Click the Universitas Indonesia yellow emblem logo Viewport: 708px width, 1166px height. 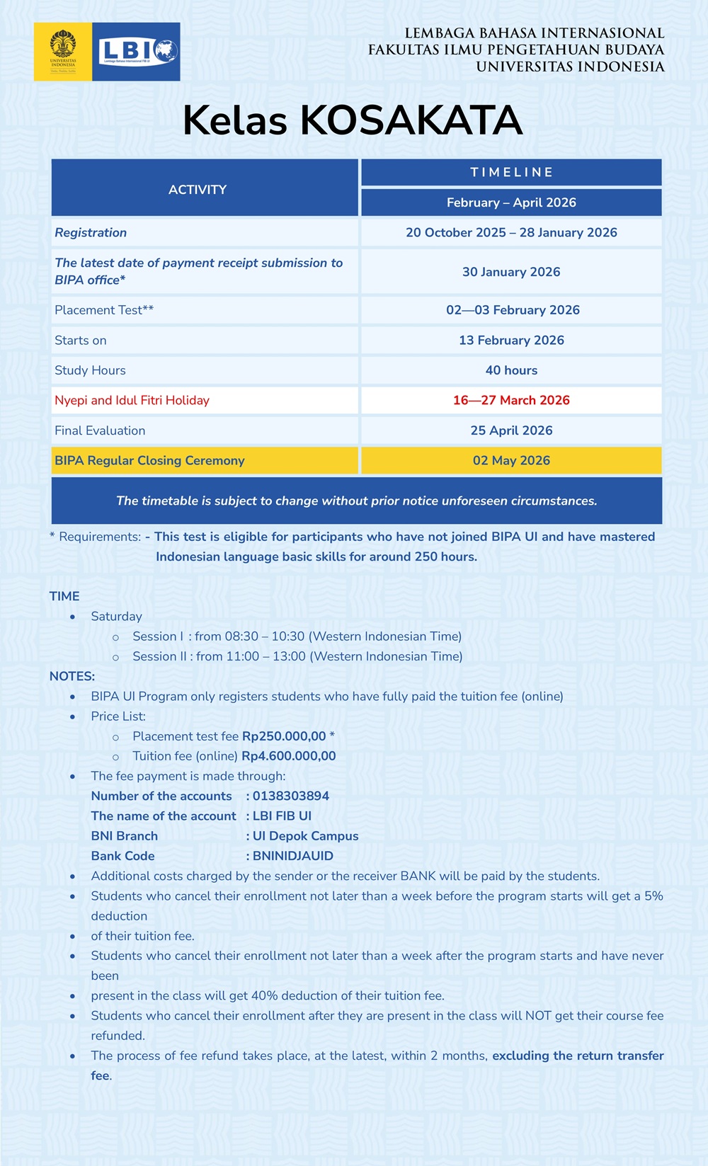tap(62, 51)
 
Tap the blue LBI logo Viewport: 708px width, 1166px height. tap(137, 51)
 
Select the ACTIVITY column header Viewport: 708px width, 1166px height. tap(198, 189)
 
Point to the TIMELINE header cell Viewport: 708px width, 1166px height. tap(511, 172)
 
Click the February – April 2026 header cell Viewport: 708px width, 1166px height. tap(511, 202)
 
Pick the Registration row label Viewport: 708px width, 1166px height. tap(91, 232)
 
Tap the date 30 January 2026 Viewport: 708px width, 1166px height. tap(511, 272)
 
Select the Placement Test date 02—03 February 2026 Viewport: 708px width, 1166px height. tap(513, 310)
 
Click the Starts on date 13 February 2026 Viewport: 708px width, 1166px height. tap(511, 340)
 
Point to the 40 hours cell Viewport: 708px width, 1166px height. tap(511, 370)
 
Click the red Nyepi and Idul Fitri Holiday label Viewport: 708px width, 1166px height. tap(132, 400)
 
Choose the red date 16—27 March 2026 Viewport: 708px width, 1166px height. tap(511, 400)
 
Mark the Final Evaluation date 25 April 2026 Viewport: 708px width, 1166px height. tap(511, 430)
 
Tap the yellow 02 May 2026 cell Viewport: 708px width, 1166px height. tap(511, 460)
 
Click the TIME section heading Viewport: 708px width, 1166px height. tap(64, 596)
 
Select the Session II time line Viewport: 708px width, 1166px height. tap(297, 656)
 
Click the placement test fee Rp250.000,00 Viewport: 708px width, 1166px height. tap(284, 736)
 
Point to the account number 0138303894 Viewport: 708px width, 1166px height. tap(290, 796)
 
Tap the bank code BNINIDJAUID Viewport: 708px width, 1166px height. tap(292, 856)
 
